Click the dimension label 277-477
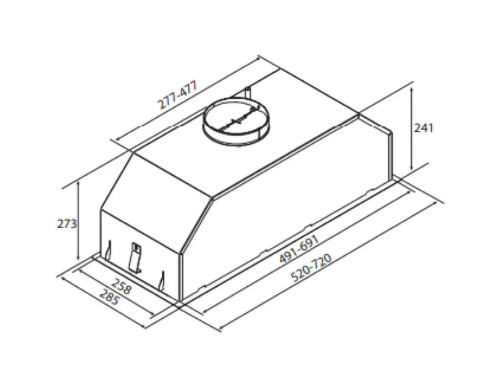point(177,96)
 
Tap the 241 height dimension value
point(424,128)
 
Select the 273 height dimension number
point(67,223)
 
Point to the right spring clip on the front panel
point(162,281)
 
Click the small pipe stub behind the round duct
point(248,94)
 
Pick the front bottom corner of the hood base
point(180,303)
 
